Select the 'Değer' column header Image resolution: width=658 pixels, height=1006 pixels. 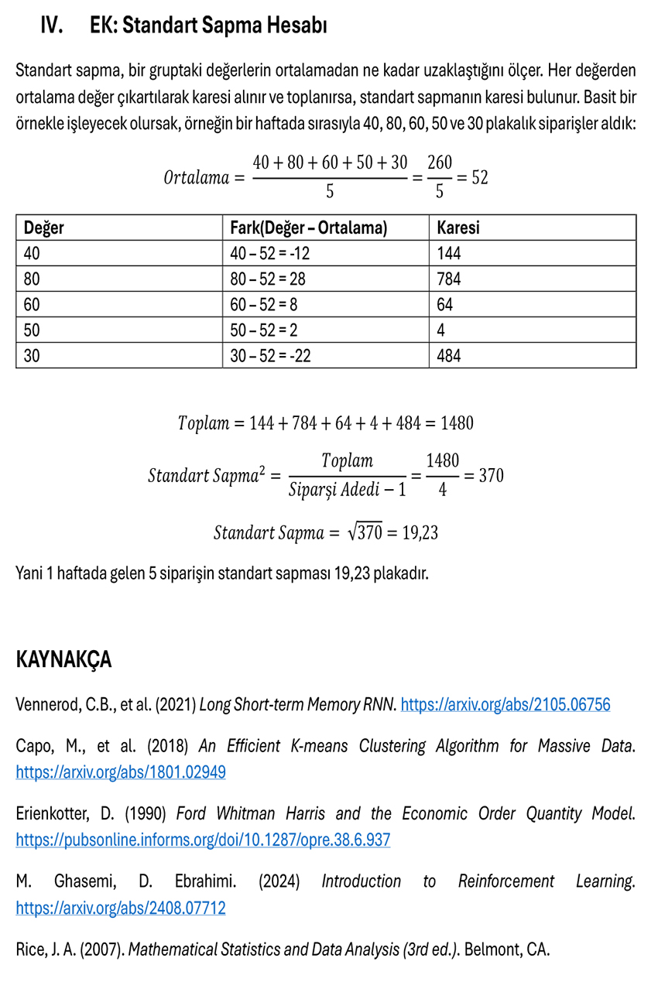(44, 228)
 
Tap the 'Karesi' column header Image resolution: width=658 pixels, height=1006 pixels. (458, 228)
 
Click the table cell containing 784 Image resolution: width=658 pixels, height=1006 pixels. (449, 279)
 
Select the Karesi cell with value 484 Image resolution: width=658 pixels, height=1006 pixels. (449, 356)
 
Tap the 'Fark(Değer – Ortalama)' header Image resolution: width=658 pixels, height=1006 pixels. (309, 228)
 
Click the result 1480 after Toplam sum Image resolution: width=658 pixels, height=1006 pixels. (457, 423)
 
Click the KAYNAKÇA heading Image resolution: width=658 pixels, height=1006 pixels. (63, 660)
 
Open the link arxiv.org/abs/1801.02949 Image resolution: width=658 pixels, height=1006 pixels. (121, 772)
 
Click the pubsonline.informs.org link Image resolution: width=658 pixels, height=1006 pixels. (203, 840)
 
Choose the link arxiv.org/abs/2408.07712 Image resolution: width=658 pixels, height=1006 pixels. (121, 908)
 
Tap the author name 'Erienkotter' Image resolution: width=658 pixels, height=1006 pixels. (54, 814)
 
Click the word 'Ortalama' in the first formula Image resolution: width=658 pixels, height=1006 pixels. (197, 177)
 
